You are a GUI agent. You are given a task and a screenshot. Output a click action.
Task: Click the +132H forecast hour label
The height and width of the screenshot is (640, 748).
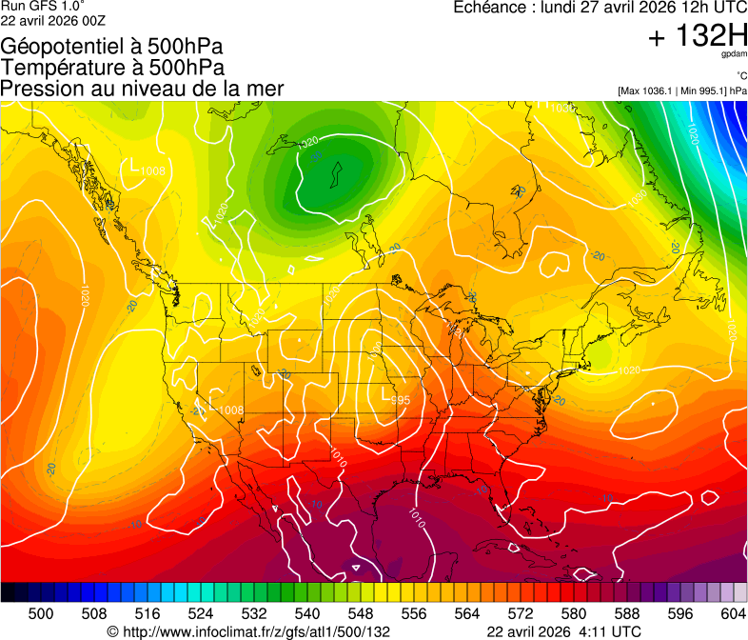(x=698, y=37)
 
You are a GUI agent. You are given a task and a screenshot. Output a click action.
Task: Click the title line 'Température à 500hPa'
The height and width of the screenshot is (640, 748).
(x=112, y=68)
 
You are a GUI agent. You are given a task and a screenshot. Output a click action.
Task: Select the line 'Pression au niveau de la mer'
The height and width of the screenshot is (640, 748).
(x=143, y=89)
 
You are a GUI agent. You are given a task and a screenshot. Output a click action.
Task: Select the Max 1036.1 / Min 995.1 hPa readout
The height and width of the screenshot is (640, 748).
(x=681, y=90)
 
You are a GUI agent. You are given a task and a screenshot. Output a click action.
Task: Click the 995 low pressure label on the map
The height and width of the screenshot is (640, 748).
(x=401, y=399)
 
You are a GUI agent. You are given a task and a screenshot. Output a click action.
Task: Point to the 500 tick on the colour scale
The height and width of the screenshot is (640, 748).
(x=41, y=613)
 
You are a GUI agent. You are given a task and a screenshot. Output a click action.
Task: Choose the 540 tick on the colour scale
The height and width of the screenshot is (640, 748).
(x=307, y=613)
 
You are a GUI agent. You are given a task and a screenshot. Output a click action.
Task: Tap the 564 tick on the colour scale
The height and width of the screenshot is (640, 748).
(x=467, y=613)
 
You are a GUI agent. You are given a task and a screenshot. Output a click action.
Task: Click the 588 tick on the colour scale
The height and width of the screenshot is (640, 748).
(x=627, y=613)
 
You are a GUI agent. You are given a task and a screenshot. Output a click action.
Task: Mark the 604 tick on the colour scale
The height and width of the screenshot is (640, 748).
(x=733, y=613)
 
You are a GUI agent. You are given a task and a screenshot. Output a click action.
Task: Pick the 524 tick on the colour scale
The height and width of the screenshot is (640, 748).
(x=201, y=613)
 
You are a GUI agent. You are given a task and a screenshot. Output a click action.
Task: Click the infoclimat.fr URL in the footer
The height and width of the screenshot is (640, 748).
(x=257, y=631)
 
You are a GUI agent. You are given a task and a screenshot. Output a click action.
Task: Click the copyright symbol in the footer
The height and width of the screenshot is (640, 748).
(x=112, y=631)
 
